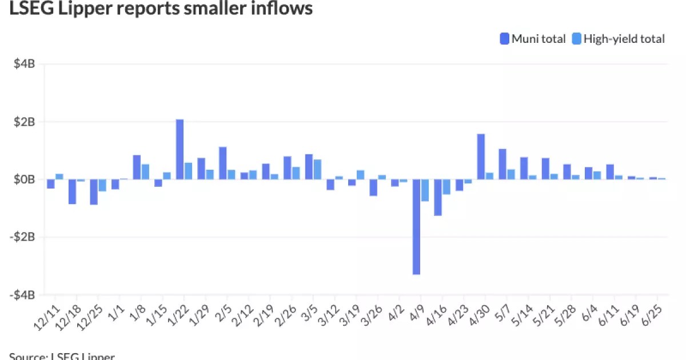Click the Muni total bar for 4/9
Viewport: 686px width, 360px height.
point(416,227)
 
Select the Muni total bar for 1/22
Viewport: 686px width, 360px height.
point(180,149)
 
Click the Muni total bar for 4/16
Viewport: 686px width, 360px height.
point(438,197)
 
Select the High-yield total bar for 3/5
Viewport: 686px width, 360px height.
point(317,169)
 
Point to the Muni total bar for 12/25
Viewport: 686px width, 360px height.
point(93,192)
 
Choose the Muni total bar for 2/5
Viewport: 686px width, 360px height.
point(222,163)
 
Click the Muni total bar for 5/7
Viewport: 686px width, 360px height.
point(502,164)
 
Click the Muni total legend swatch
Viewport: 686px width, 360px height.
point(505,39)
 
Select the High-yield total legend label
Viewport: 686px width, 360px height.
point(625,39)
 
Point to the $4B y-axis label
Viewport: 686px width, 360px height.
point(25,64)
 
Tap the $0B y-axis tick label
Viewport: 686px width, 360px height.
point(25,179)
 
